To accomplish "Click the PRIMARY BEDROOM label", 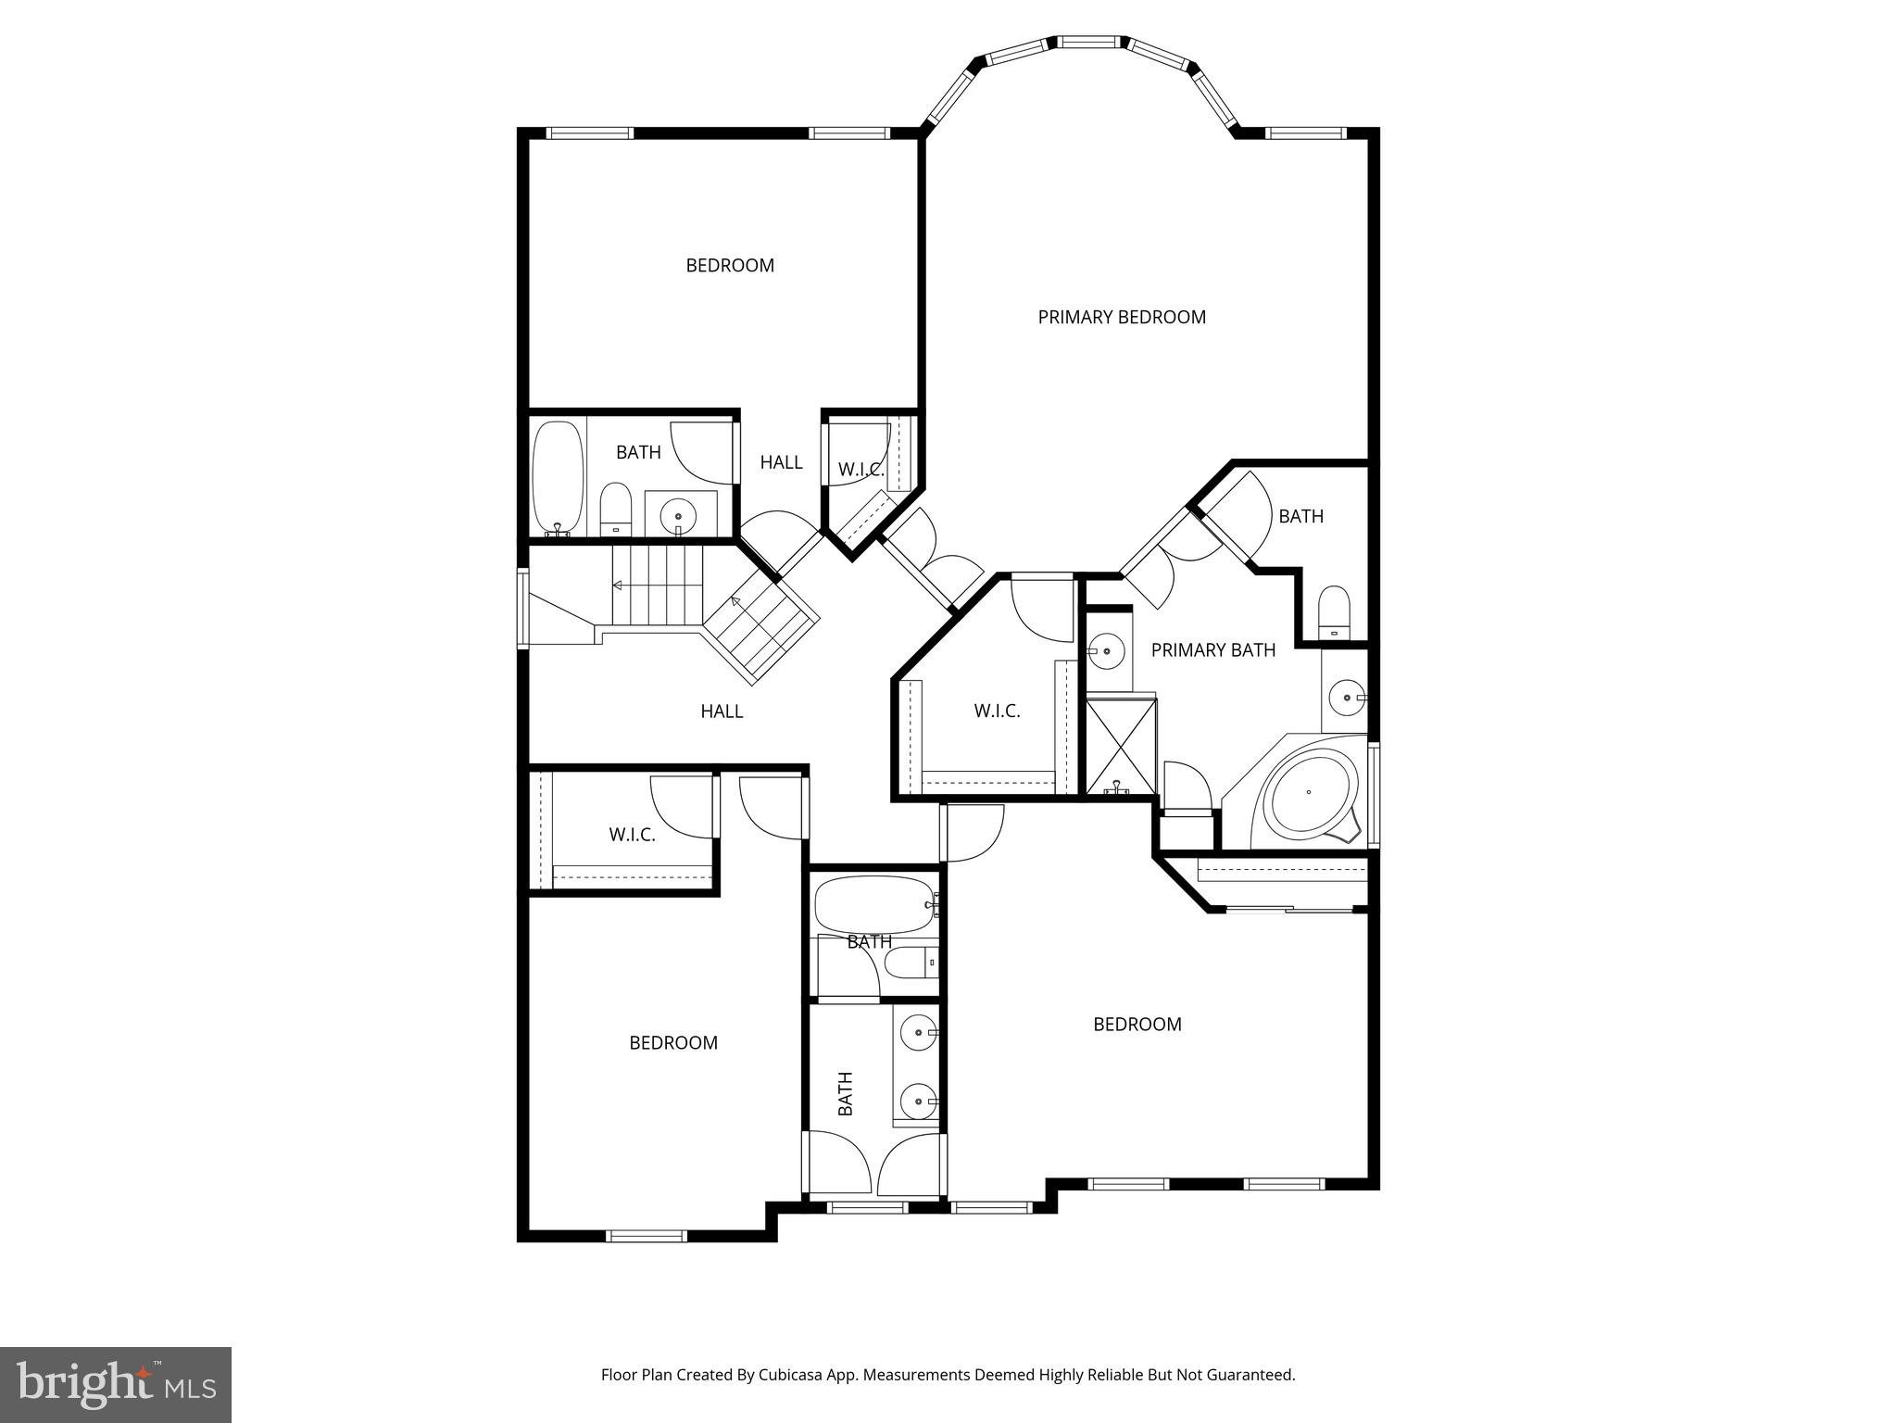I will [x=1121, y=317].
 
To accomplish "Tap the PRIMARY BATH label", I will [x=1212, y=650].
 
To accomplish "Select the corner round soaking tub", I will [x=1308, y=793].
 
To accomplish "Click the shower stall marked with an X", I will [x=1121, y=747].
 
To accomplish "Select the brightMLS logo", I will [x=115, y=1384].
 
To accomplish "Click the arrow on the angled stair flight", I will [x=735, y=602].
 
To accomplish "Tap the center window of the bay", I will [x=1090, y=43].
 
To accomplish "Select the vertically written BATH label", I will [x=845, y=1093].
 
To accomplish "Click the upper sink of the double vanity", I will [x=919, y=1031].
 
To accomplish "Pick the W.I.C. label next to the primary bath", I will [x=997, y=711].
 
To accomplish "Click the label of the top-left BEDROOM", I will [x=730, y=266].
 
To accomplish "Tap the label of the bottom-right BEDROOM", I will [x=1137, y=1025].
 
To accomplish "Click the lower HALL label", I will [x=722, y=711].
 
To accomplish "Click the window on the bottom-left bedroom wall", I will [x=647, y=1235].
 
